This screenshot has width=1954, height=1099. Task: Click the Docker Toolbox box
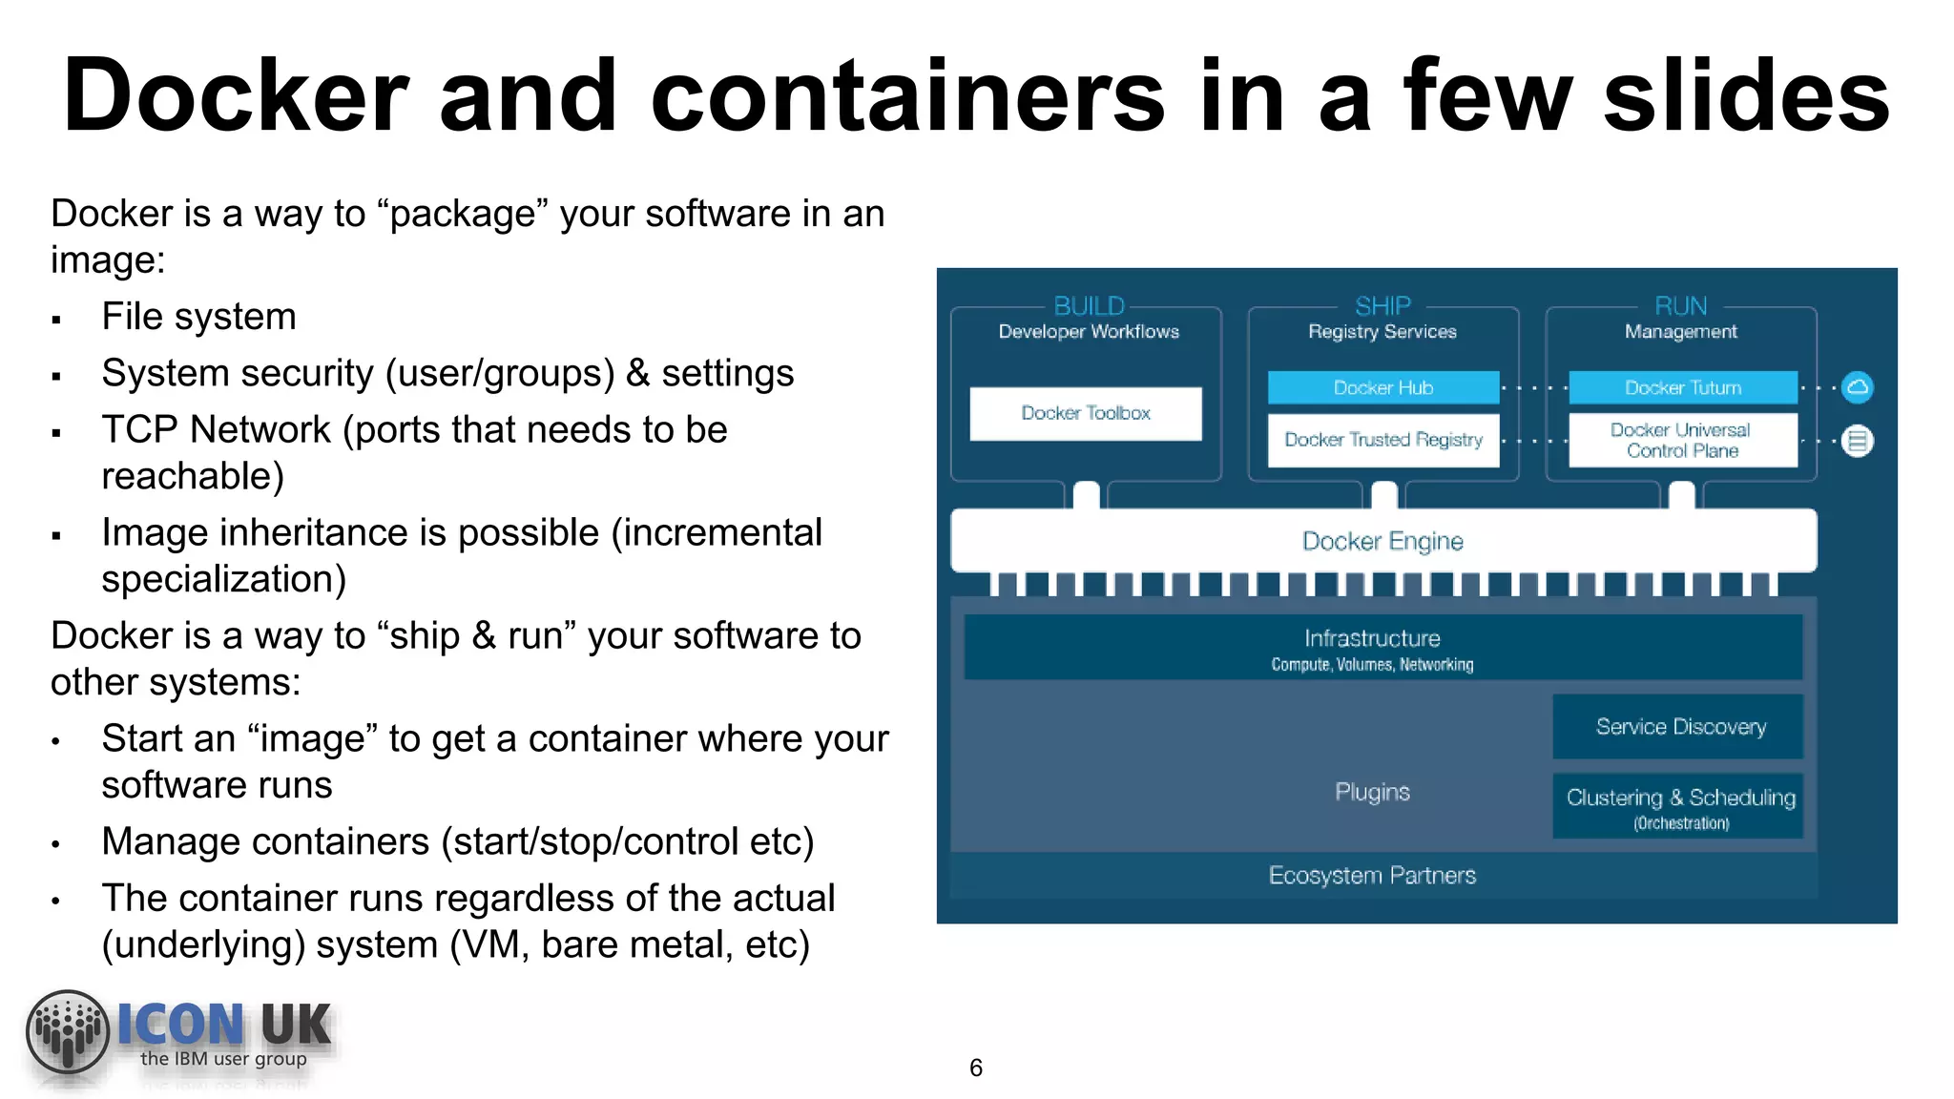[1085, 413]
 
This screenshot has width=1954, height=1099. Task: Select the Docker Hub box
[1382, 387]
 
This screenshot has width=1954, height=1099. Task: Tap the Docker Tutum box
[1682, 387]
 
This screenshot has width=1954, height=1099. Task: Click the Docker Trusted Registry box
[1382, 440]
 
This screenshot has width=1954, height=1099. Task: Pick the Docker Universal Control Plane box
[1682, 440]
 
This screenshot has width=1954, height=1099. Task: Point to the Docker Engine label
[1382, 541]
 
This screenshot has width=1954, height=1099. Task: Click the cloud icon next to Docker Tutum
[1857, 387]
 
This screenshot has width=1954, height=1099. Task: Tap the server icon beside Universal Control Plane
[1857, 441]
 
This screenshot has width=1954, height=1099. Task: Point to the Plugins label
[1371, 792]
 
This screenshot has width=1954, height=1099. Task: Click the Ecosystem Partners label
[1371, 876]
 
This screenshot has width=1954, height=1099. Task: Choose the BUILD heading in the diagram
[1089, 306]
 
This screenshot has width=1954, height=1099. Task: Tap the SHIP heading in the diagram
[1382, 306]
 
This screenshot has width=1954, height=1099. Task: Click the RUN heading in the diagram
[1680, 306]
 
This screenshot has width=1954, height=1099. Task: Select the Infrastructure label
[1371, 638]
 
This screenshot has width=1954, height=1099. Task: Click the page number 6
[975, 1068]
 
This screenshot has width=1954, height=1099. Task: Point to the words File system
[198, 317]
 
